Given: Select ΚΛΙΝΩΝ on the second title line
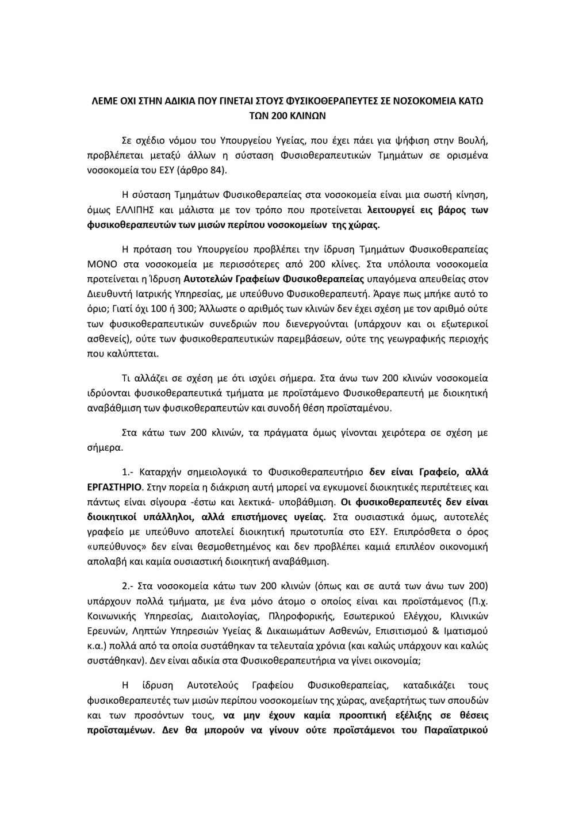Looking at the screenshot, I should pos(306,115).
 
